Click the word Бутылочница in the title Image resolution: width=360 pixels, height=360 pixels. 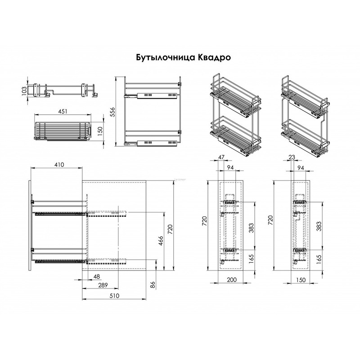click(x=162, y=58)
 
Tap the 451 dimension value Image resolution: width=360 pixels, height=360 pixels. click(x=63, y=111)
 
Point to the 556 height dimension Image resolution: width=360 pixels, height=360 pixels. click(x=112, y=112)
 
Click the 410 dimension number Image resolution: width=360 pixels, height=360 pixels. click(x=59, y=164)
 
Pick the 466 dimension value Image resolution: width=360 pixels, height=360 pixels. click(x=161, y=241)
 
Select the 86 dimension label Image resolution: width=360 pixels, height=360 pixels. click(x=153, y=285)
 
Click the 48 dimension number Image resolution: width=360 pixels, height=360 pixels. click(x=97, y=276)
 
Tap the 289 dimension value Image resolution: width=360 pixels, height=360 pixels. click(x=103, y=285)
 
